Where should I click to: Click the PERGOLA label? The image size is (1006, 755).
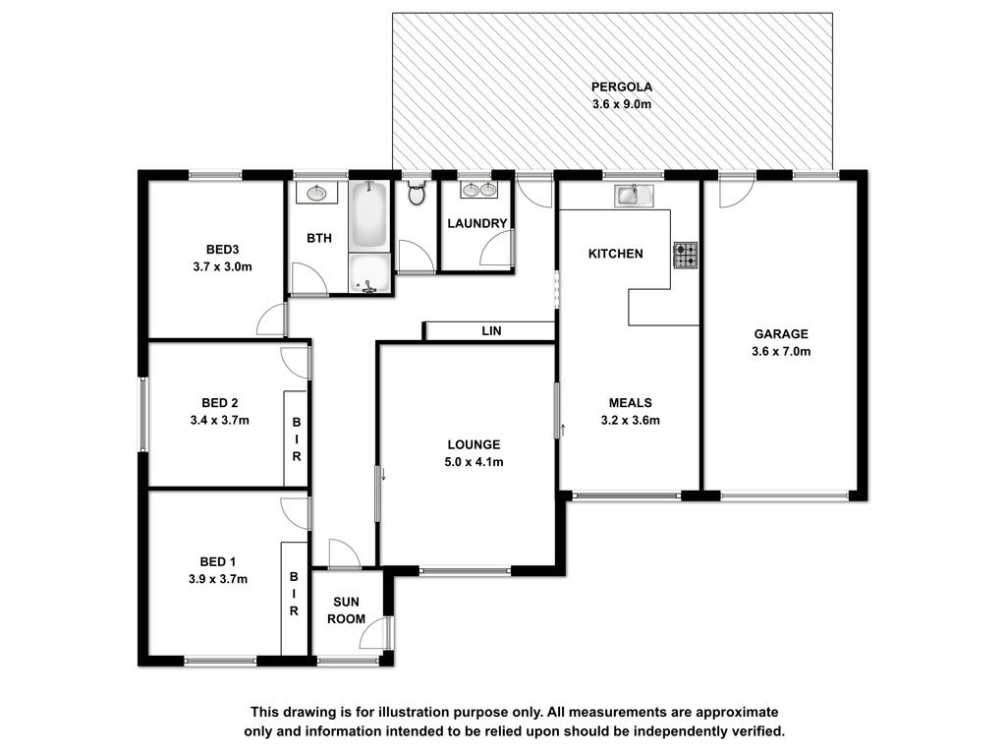[621, 87]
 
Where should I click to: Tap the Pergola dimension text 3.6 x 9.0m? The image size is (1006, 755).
[621, 104]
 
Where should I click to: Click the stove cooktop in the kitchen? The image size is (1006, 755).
[685, 255]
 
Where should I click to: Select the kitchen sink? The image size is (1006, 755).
[634, 196]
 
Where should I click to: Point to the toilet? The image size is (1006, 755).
[417, 193]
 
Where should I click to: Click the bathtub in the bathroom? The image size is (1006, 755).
[369, 215]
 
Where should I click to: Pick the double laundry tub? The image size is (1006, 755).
[478, 190]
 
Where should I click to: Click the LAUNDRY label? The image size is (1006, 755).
[477, 223]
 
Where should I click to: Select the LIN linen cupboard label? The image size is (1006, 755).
[491, 331]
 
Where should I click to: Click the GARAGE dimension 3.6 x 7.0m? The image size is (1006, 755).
[781, 351]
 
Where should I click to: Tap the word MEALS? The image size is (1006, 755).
[630, 402]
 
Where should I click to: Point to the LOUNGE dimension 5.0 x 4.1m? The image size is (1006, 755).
[474, 462]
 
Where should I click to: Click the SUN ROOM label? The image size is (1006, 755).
[347, 610]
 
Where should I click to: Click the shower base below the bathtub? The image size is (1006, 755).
[369, 273]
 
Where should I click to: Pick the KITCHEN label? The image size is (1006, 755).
[615, 254]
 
